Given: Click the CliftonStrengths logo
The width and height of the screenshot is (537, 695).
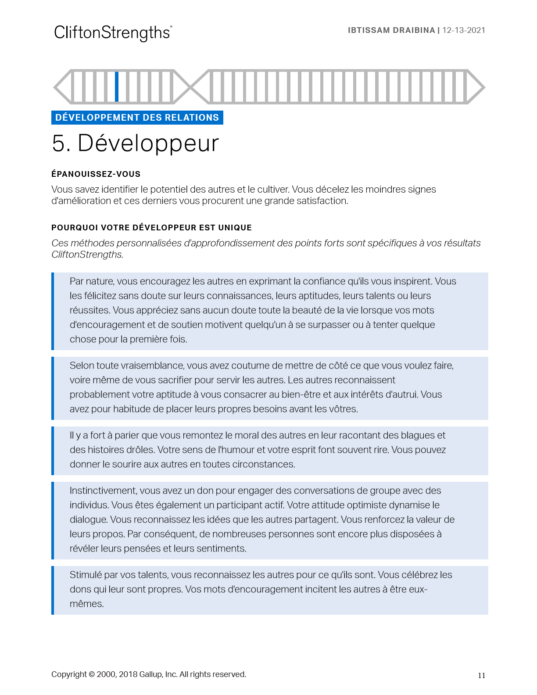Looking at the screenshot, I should click(113, 33).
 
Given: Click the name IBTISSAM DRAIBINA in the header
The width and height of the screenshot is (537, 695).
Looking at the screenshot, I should click(391, 30).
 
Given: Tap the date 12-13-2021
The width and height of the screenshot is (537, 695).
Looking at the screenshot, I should click(464, 30).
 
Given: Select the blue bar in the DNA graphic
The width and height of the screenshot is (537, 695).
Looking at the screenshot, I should click(117, 86).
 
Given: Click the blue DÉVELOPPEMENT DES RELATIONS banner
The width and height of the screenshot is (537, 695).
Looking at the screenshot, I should click(137, 118).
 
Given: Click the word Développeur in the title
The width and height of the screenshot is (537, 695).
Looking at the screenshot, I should click(148, 143).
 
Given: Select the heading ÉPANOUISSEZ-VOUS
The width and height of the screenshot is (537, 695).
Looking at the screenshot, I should click(96, 174).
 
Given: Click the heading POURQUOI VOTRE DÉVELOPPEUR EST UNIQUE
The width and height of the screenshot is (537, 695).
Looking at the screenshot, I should click(151, 228).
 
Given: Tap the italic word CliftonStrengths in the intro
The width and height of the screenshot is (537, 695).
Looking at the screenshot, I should click(86, 254).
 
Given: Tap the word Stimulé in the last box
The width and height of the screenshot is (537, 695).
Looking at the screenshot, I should click(86, 575).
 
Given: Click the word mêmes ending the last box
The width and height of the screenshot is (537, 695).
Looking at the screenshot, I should click(86, 604).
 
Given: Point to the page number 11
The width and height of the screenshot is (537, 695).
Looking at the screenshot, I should click(481, 676).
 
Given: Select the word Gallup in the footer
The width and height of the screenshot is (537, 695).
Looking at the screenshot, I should click(150, 674).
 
